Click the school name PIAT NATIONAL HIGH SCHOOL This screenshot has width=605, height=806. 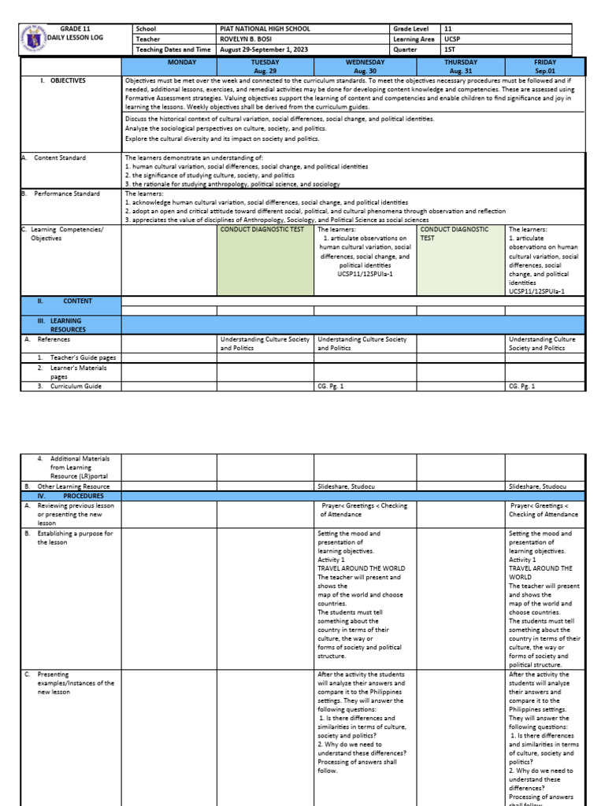pyautogui.click(x=265, y=28)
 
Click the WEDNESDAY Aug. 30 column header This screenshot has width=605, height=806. pyautogui.click(x=365, y=65)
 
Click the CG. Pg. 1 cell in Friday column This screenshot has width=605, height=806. pyautogui.click(x=522, y=386)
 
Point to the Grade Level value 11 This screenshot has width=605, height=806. pyautogui.click(x=447, y=28)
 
